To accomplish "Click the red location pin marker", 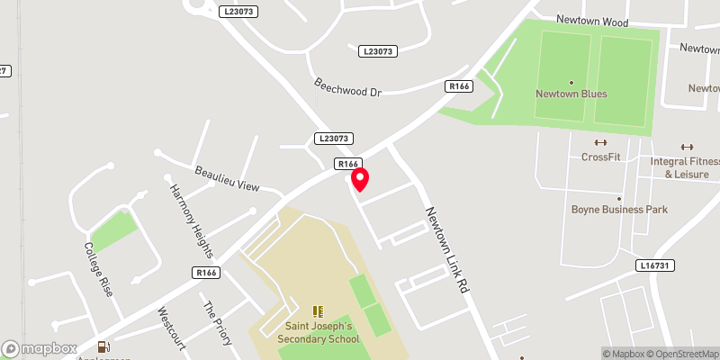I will click(360, 179).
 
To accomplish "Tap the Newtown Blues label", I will click(571, 94).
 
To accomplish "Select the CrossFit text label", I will click(600, 157).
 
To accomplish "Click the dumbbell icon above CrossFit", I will click(600, 142).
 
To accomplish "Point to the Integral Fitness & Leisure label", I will click(686, 167).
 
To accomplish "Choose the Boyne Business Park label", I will click(619, 210).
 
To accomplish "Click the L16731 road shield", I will click(656, 265).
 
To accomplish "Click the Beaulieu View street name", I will click(227, 178).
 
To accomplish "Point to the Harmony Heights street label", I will click(191, 221).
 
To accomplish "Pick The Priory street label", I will click(219, 322).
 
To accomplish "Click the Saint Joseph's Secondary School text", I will click(322, 332).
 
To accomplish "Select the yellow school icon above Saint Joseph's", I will click(317, 310).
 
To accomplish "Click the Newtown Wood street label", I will click(617, 19).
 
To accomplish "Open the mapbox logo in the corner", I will click(40, 348).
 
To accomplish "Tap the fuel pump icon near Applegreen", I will click(105, 346).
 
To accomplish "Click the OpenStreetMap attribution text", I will click(680, 354).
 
